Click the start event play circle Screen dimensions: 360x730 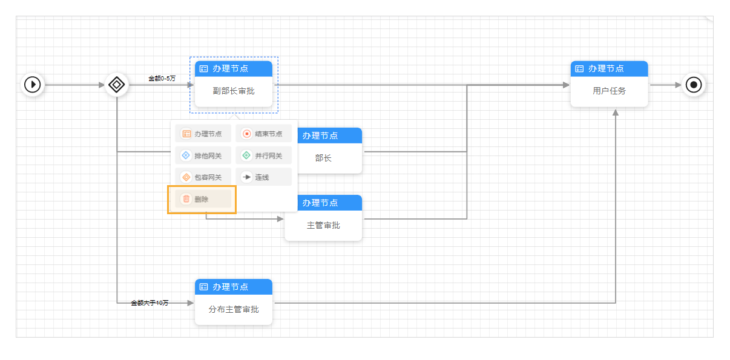pyautogui.click(x=33, y=84)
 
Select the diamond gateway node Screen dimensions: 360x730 pyautogui.click(x=116, y=84)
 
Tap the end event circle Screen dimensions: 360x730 pyautogui.click(x=694, y=84)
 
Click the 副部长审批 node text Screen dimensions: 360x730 pyautogui.click(x=233, y=91)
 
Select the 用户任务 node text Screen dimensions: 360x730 pyautogui.click(x=609, y=91)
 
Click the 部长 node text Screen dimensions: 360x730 pyautogui.click(x=323, y=158)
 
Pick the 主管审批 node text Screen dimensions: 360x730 pyautogui.click(x=323, y=225)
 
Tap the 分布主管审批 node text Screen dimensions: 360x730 pyautogui.click(x=233, y=309)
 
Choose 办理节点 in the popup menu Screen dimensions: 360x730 pyautogui.click(x=203, y=134)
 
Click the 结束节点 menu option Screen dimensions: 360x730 pyautogui.click(x=263, y=134)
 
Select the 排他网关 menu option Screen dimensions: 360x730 pyautogui.click(x=203, y=155)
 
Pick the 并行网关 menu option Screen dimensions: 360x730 pyautogui.click(x=263, y=155)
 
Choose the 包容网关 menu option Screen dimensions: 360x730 pyautogui.click(x=203, y=177)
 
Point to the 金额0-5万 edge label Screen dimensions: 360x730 pyautogui.click(x=162, y=78)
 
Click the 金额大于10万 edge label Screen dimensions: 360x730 pyautogui.click(x=150, y=303)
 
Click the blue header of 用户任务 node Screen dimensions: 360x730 pyautogui.click(x=609, y=68)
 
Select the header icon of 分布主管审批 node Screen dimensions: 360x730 pyautogui.click(x=204, y=287)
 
